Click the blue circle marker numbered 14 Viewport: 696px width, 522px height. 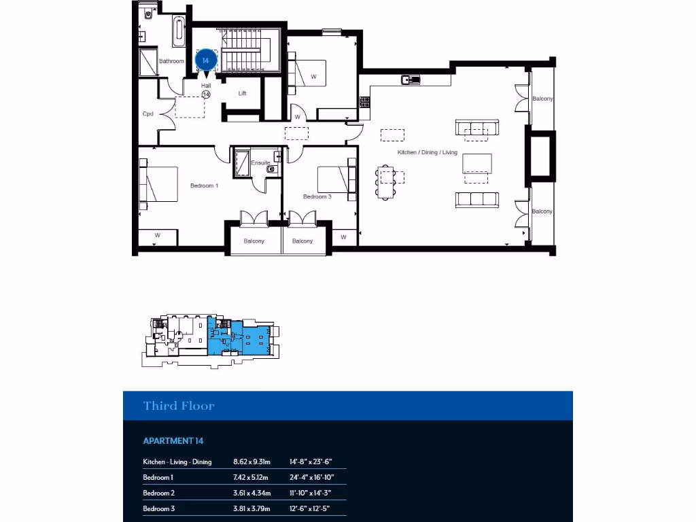(x=205, y=60)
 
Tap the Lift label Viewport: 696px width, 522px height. (x=242, y=93)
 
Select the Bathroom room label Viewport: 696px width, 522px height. (x=171, y=61)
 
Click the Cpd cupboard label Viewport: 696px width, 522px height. (x=147, y=114)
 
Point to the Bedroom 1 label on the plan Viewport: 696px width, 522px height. (x=204, y=186)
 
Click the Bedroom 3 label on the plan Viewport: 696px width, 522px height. (x=317, y=196)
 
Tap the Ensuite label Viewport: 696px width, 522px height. (x=260, y=163)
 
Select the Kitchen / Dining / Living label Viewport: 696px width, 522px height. (x=428, y=152)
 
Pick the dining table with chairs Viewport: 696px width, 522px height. (x=386, y=181)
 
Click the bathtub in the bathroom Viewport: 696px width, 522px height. (x=179, y=32)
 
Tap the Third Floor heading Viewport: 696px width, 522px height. (x=179, y=406)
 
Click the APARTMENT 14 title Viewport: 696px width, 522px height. (x=173, y=440)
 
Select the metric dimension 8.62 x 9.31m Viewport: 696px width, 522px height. (x=252, y=462)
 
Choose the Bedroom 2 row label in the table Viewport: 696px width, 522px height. (x=159, y=493)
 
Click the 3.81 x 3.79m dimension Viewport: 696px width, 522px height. (x=252, y=508)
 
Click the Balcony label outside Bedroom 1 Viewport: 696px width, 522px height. (x=254, y=241)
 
